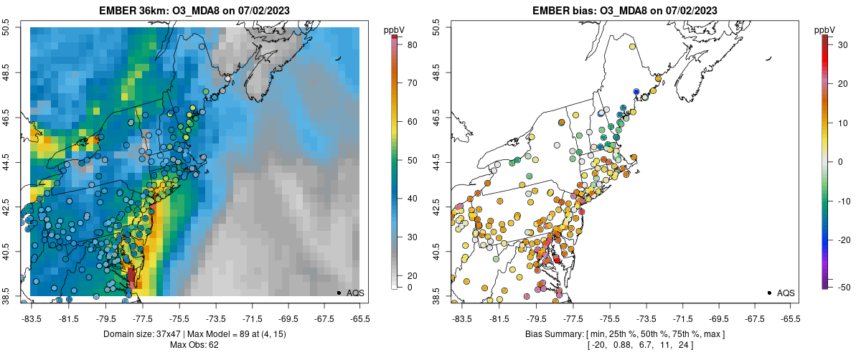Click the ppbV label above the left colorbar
(x=395, y=29)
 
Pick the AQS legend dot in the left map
(x=338, y=293)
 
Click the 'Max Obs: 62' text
(x=194, y=345)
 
